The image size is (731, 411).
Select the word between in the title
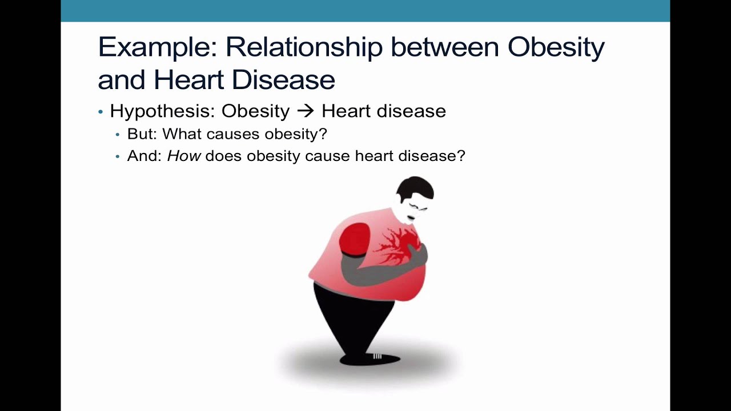[x=445, y=47]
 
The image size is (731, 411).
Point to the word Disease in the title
[x=284, y=79]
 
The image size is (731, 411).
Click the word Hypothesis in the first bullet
[x=163, y=111]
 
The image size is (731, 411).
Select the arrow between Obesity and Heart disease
[x=306, y=111]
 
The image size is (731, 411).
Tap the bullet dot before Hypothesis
[x=101, y=112]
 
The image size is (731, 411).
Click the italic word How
[x=184, y=156]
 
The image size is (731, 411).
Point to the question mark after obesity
[x=323, y=134]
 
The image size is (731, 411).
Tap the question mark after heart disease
[x=461, y=156]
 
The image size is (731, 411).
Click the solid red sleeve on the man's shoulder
[x=355, y=239]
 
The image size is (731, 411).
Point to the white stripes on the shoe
[x=377, y=356]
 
